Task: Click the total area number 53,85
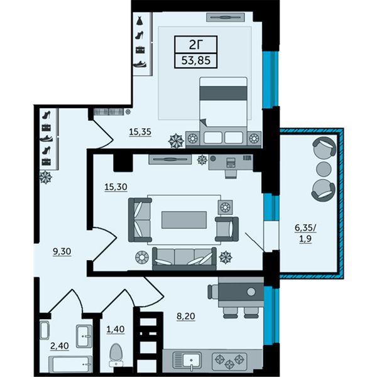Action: pos(196,60)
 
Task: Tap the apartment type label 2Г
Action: pos(196,45)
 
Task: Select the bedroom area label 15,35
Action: pos(140,132)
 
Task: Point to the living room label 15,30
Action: pos(116,187)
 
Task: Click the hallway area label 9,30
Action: pos(62,251)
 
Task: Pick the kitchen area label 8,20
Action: pos(186,316)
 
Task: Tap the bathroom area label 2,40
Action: pos(60,346)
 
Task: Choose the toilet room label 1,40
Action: pos(116,329)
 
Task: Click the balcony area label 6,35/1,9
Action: pos(305,234)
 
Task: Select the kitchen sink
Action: pos(192,361)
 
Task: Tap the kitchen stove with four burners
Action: pos(229,361)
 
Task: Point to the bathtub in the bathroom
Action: pos(70,364)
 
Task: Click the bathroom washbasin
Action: pos(84,336)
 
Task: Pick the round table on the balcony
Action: pos(324,169)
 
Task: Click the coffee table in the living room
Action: pos(184,220)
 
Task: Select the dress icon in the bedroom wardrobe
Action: pos(139,21)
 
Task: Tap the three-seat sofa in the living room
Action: pos(184,258)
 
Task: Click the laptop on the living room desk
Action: pos(231,162)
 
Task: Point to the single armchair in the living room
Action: pos(227,229)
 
